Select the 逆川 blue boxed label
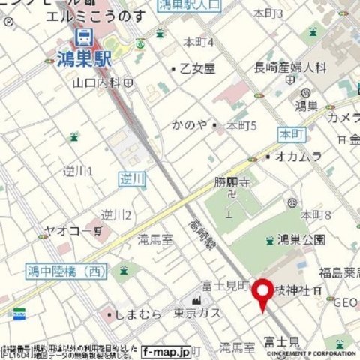pyautogui.click(x=131, y=178)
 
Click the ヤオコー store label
pyautogui.click(x=72, y=232)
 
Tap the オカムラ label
pyautogui.click(x=298, y=156)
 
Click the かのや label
pyautogui.click(x=189, y=124)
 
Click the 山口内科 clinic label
pyautogui.click(x=100, y=81)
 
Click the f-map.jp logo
pyautogui.click(x=166, y=350)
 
